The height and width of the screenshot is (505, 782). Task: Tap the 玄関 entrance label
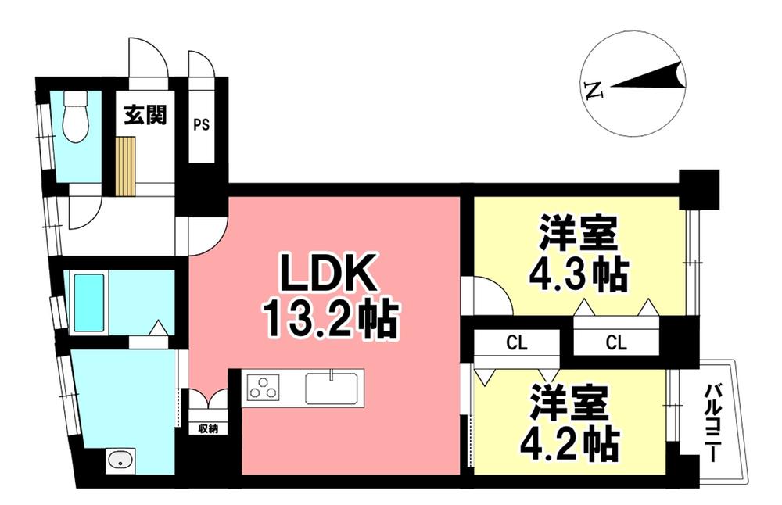[x=144, y=116]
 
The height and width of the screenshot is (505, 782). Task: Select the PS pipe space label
[x=201, y=124]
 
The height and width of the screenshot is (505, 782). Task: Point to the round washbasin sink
[x=120, y=459]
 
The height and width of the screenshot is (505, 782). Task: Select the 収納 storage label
[x=207, y=428]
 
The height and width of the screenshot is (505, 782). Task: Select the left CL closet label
[x=515, y=342]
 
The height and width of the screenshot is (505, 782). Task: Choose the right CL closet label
[x=615, y=342]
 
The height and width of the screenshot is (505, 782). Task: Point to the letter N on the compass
[x=595, y=90]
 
